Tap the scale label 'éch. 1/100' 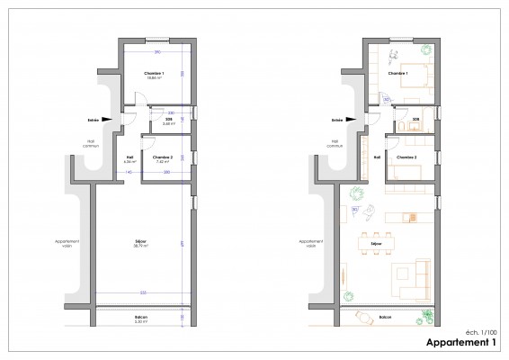point(477,333)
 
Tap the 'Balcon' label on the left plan point(142,316)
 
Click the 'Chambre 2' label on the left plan point(163,157)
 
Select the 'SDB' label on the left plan point(167,120)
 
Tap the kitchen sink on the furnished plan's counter point(410,217)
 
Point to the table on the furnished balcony point(367,317)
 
